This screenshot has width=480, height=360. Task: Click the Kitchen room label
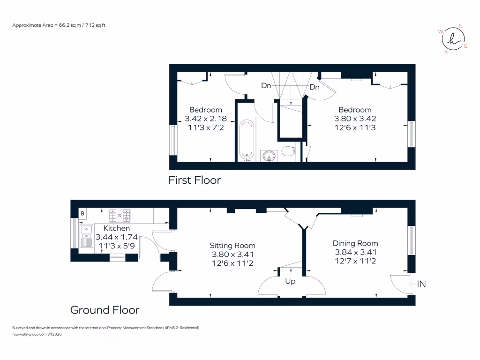coord(116,228)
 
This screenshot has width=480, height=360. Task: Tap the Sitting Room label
coord(232,246)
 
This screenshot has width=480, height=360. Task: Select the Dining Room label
coord(355,243)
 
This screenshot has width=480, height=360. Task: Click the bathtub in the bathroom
coord(247,140)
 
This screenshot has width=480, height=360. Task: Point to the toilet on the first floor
coord(288,151)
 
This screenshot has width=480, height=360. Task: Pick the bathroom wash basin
coord(269,156)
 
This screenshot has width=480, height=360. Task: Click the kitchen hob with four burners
coord(120,215)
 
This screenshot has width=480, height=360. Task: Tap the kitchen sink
coord(86,236)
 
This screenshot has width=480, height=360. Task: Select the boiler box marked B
coord(82,213)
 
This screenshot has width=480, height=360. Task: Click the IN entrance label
coord(421,284)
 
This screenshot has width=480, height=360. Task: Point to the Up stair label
coord(290,281)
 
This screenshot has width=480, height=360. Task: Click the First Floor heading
coord(195,180)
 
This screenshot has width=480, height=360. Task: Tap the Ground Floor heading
coord(105,310)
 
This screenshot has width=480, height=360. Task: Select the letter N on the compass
coord(460,26)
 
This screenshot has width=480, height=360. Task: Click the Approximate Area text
coord(59,25)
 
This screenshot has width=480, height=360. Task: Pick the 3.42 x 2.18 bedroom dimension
coord(206,119)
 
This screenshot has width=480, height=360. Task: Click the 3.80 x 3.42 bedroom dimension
coord(355,119)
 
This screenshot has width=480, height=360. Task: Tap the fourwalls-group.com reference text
coord(37,334)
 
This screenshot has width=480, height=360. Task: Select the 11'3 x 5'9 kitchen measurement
coord(117,246)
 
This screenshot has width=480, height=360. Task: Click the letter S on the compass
coord(446,52)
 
